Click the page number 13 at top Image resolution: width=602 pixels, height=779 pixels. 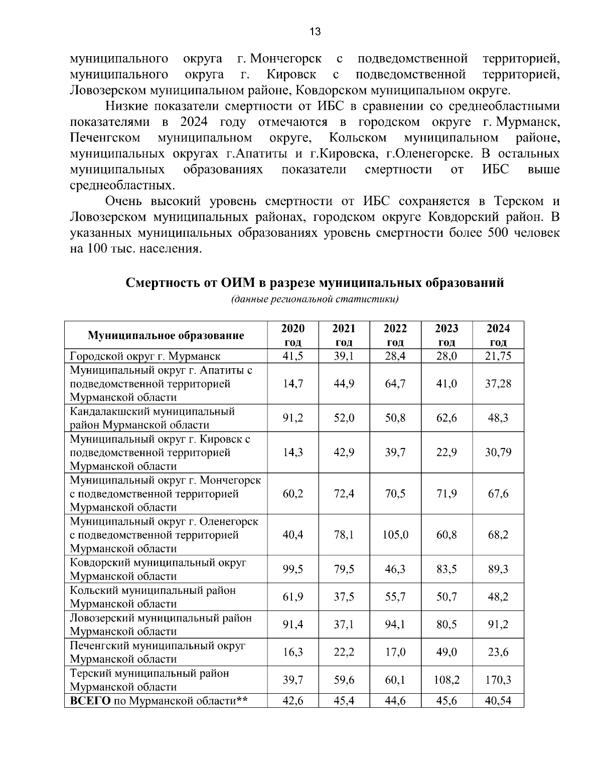tap(315, 32)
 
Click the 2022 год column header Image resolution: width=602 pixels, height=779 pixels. tap(395, 335)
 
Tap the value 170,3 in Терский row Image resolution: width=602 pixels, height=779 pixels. tap(498, 680)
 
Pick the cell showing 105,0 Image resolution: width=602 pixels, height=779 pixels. tap(395, 535)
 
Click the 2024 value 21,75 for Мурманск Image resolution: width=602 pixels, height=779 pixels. tap(498, 356)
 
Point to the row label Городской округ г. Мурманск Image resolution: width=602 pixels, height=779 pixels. tap(145, 356)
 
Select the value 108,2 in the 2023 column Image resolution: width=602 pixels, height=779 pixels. tap(446, 680)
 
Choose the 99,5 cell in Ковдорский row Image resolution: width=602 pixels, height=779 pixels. tap(293, 569)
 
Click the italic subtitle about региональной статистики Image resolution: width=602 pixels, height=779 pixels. tap(315, 300)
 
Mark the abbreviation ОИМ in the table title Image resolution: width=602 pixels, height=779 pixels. tap(238, 283)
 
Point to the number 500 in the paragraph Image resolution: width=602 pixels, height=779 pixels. tap(498, 233)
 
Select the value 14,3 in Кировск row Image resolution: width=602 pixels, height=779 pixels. tap(293, 452)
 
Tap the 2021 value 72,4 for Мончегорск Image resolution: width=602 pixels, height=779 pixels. tap(344, 494)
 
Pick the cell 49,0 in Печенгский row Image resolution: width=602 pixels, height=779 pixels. tap(446, 652)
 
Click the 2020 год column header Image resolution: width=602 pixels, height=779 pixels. tap(293, 335)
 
